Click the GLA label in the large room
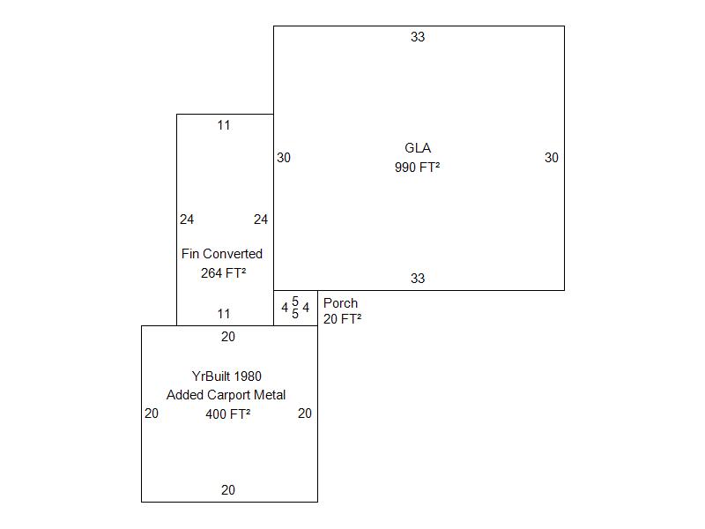pyautogui.click(x=418, y=148)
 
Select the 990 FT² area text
pyautogui.click(x=417, y=168)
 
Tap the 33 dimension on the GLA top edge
pyautogui.click(x=418, y=37)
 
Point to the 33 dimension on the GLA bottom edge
pyautogui.click(x=418, y=279)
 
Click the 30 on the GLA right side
pyautogui.click(x=552, y=158)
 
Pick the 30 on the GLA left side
pyautogui.click(x=284, y=158)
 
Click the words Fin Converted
pyautogui.click(x=222, y=254)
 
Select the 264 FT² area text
pyautogui.click(x=224, y=273)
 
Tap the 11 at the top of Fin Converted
pyautogui.click(x=224, y=125)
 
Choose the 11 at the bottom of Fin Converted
pyautogui.click(x=224, y=314)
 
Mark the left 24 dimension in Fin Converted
pyautogui.click(x=187, y=220)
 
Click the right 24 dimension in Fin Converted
pyautogui.click(x=261, y=220)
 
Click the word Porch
pyautogui.click(x=340, y=303)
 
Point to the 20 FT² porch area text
pyautogui.click(x=343, y=319)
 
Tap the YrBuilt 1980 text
pyautogui.click(x=226, y=376)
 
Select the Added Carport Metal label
pyautogui.click(x=226, y=395)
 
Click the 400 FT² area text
pyautogui.click(x=228, y=414)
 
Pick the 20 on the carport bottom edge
pyautogui.click(x=228, y=490)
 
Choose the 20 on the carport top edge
pyautogui.click(x=228, y=337)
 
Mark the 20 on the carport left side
pyautogui.click(x=152, y=414)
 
